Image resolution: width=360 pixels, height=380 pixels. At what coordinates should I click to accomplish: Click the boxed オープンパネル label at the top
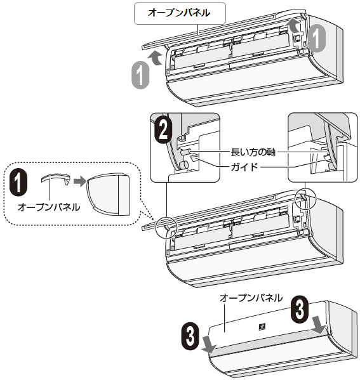tap(180, 13)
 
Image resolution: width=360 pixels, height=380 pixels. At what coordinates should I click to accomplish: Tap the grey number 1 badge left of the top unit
tap(140, 75)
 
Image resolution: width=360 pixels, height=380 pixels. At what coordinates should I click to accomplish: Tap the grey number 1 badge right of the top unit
tap(317, 38)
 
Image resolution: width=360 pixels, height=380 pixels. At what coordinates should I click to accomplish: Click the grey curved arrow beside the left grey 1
tap(156, 59)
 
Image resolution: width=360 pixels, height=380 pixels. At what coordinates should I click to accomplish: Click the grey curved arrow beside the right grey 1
tap(293, 25)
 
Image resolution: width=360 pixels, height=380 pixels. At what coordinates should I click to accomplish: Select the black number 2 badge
tap(164, 131)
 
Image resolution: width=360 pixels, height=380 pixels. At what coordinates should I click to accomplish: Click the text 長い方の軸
tap(253, 152)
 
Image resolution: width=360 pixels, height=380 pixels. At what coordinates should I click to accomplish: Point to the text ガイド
tap(244, 167)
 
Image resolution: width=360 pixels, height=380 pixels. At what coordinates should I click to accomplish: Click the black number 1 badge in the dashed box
tap(18, 182)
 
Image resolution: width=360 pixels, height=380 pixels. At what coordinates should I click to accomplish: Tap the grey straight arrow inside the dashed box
tap(80, 181)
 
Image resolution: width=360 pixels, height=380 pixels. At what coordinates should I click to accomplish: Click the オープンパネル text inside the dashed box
tap(49, 207)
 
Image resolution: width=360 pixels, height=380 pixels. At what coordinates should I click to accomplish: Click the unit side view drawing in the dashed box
tap(108, 194)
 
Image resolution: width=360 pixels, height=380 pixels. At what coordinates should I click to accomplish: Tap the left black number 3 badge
tap(190, 336)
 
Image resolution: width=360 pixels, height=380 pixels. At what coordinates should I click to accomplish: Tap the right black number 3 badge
tap(300, 310)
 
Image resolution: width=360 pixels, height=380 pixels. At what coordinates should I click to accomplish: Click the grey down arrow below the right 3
tap(318, 324)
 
